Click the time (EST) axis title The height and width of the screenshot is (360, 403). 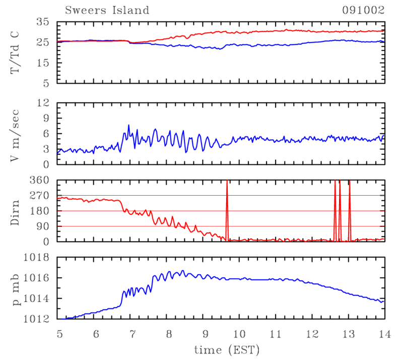coord(222,349)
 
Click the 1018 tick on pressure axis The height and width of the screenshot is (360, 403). coord(38,258)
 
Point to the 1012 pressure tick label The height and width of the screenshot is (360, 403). coord(38,319)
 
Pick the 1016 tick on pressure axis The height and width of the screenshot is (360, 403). coord(38,278)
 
